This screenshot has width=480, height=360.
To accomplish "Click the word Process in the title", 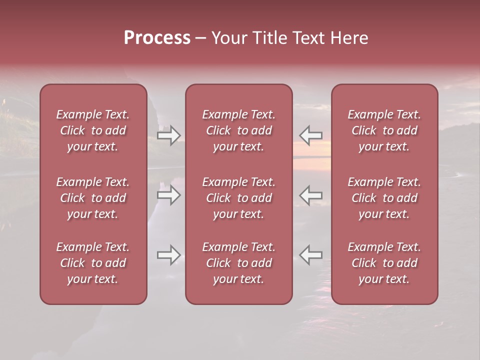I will pyautogui.click(x=157, y=38).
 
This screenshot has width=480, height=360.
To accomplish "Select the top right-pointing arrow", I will pyautogui.click(x=168, y=135).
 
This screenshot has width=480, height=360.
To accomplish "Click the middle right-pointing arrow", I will pyautogui.click(x=168, y=195).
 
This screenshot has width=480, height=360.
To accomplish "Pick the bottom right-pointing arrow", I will pyautogui.click(x=168, y=255).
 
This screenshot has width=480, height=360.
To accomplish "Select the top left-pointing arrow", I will pyautogui.click(x=311, y=135).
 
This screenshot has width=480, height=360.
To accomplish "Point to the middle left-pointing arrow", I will pyautogui.click(x=311, y=195).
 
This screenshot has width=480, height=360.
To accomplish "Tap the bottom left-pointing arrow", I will pyautogui.click(x=311, y=255).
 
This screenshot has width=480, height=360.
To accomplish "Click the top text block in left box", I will pyautogui.click(x=93, y=130).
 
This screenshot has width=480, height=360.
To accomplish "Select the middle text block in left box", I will pyautogui.click(x=93, y=198).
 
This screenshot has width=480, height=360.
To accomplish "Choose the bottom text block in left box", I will pyautogui.click(x=93, y=263).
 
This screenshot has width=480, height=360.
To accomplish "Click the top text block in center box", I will pyautogui.click(x=239, y=130).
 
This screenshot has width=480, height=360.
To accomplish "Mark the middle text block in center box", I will pyautogui.click(x=239, y=198).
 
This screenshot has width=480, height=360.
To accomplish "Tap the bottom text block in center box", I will pyautogui.click(x=239, y=263).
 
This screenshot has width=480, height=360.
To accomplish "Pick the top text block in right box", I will pyautogui.click(x=384, y=130).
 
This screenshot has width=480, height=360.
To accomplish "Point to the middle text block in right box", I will pyautogui.click(x=384, y=198).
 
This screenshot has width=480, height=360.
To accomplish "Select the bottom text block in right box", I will pyautogui.click(x=384, y=263).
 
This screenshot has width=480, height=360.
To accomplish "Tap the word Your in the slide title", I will pyautogui.click(x=228, y=38).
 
